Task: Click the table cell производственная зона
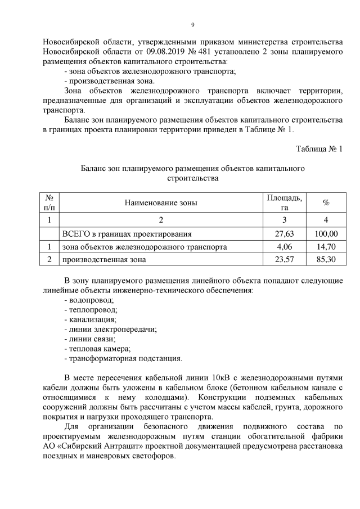pos(104,259)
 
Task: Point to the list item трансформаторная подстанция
pos(123,358)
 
